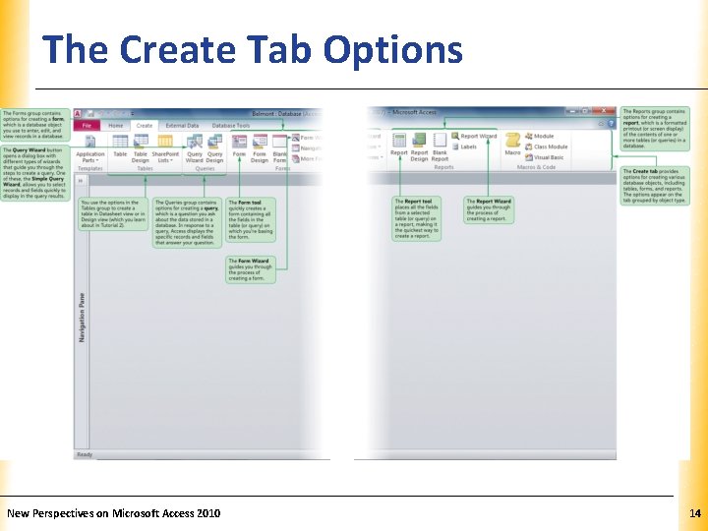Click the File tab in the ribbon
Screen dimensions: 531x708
(87, 126)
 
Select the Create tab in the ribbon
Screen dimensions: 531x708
(144, 126)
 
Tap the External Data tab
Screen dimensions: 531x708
(182, 126)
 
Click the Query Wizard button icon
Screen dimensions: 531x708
(194, 144)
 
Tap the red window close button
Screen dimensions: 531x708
(611, 112)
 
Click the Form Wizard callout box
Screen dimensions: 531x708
(250, 269)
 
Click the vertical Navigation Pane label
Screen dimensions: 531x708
(82, 317)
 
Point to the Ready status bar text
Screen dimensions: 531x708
(85, 454)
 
